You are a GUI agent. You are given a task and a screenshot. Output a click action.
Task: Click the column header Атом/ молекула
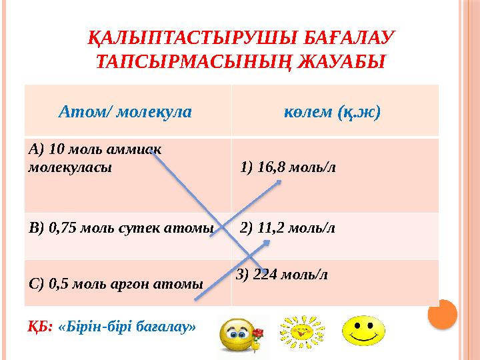[125, 111]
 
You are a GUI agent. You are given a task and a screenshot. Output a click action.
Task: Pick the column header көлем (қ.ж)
[332, 111]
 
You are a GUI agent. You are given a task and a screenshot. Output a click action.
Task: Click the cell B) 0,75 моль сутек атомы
[121, 229]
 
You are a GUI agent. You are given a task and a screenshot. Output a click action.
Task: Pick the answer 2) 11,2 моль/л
[287, 229]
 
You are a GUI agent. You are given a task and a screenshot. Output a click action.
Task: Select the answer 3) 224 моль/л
[282, 274]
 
